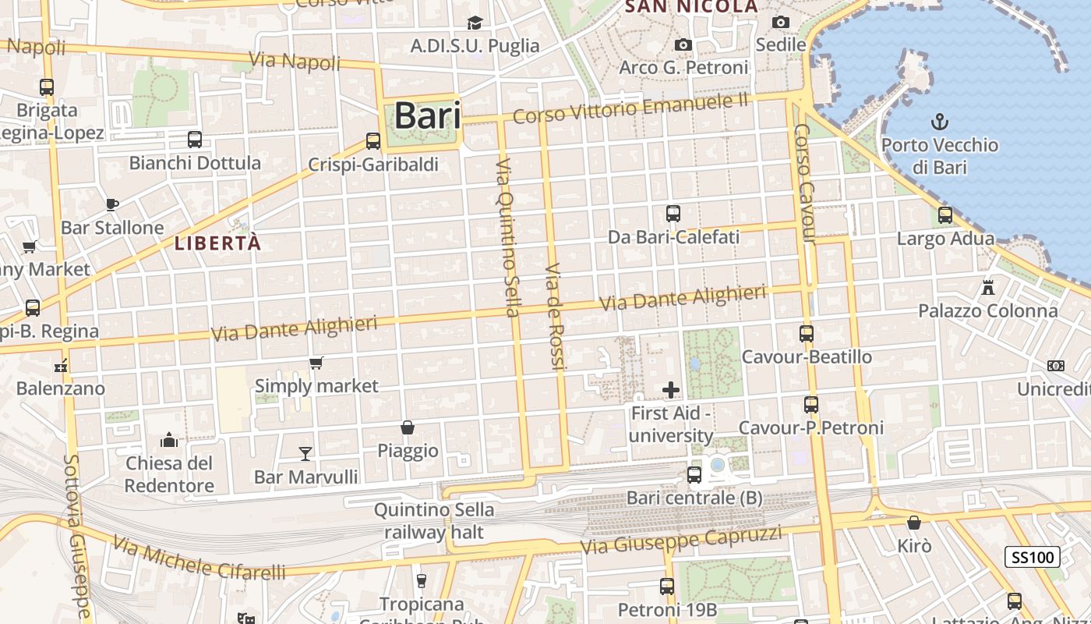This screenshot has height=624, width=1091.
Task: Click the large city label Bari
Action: tap(427, 115)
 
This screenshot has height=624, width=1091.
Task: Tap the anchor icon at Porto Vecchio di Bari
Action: tap(940, 122)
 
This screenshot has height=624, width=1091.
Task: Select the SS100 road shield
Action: tap(1032, 557)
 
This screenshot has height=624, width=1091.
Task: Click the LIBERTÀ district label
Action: tap(217, 243)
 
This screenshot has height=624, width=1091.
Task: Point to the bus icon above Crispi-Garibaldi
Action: tap(373, 141)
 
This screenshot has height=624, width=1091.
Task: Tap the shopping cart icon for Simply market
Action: tap(316, 363)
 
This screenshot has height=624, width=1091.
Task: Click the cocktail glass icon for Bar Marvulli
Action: tap(305, 453)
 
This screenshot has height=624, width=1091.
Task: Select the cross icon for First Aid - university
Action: tap(671, 389)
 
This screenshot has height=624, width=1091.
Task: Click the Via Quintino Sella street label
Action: tap(507, 238)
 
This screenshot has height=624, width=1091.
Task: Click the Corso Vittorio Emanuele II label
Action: tap(630, 108)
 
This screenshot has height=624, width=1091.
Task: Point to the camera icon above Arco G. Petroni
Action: tap(683, 44)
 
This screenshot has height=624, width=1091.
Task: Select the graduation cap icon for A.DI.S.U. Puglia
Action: tap(475, 23)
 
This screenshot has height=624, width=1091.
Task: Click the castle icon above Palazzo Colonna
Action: tap(988, 287)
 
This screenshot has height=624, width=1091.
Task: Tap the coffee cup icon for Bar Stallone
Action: tap(112, 204)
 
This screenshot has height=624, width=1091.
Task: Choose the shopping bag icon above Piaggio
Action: tap(407, 427)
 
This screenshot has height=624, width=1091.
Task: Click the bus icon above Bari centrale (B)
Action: tap(694, 474)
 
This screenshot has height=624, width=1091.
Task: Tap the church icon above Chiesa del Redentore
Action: tap(169, 441)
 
